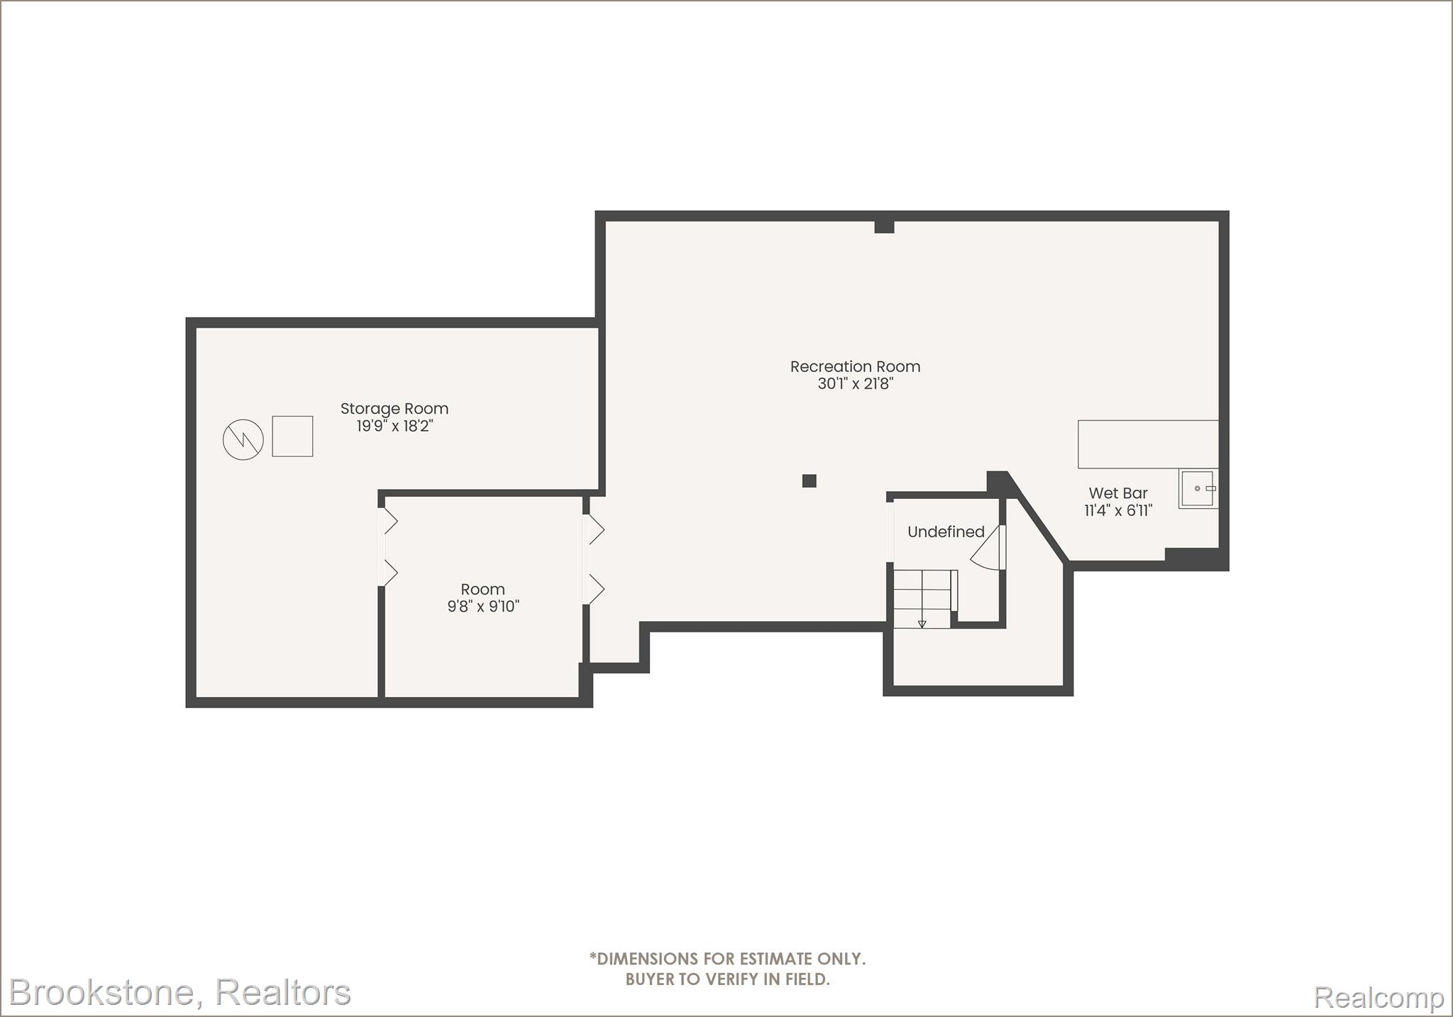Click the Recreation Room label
point(855,367)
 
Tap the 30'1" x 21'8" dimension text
point(855,384)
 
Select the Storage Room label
point(394,409)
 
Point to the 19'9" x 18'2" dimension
point(394,426)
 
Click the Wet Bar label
point(1118,493)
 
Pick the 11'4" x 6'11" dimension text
point(1118,510)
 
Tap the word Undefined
point(946,532)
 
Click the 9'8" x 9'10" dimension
point(483,606)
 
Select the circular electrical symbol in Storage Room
point(243,440)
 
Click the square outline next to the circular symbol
point(292,436)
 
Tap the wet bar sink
point(1198,488)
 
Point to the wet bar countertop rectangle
point(1148,444)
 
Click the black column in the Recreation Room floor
point(810,480)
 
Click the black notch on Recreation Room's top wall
point(884,226)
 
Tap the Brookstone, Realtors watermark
point(180,992)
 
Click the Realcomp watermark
point(1379,998)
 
